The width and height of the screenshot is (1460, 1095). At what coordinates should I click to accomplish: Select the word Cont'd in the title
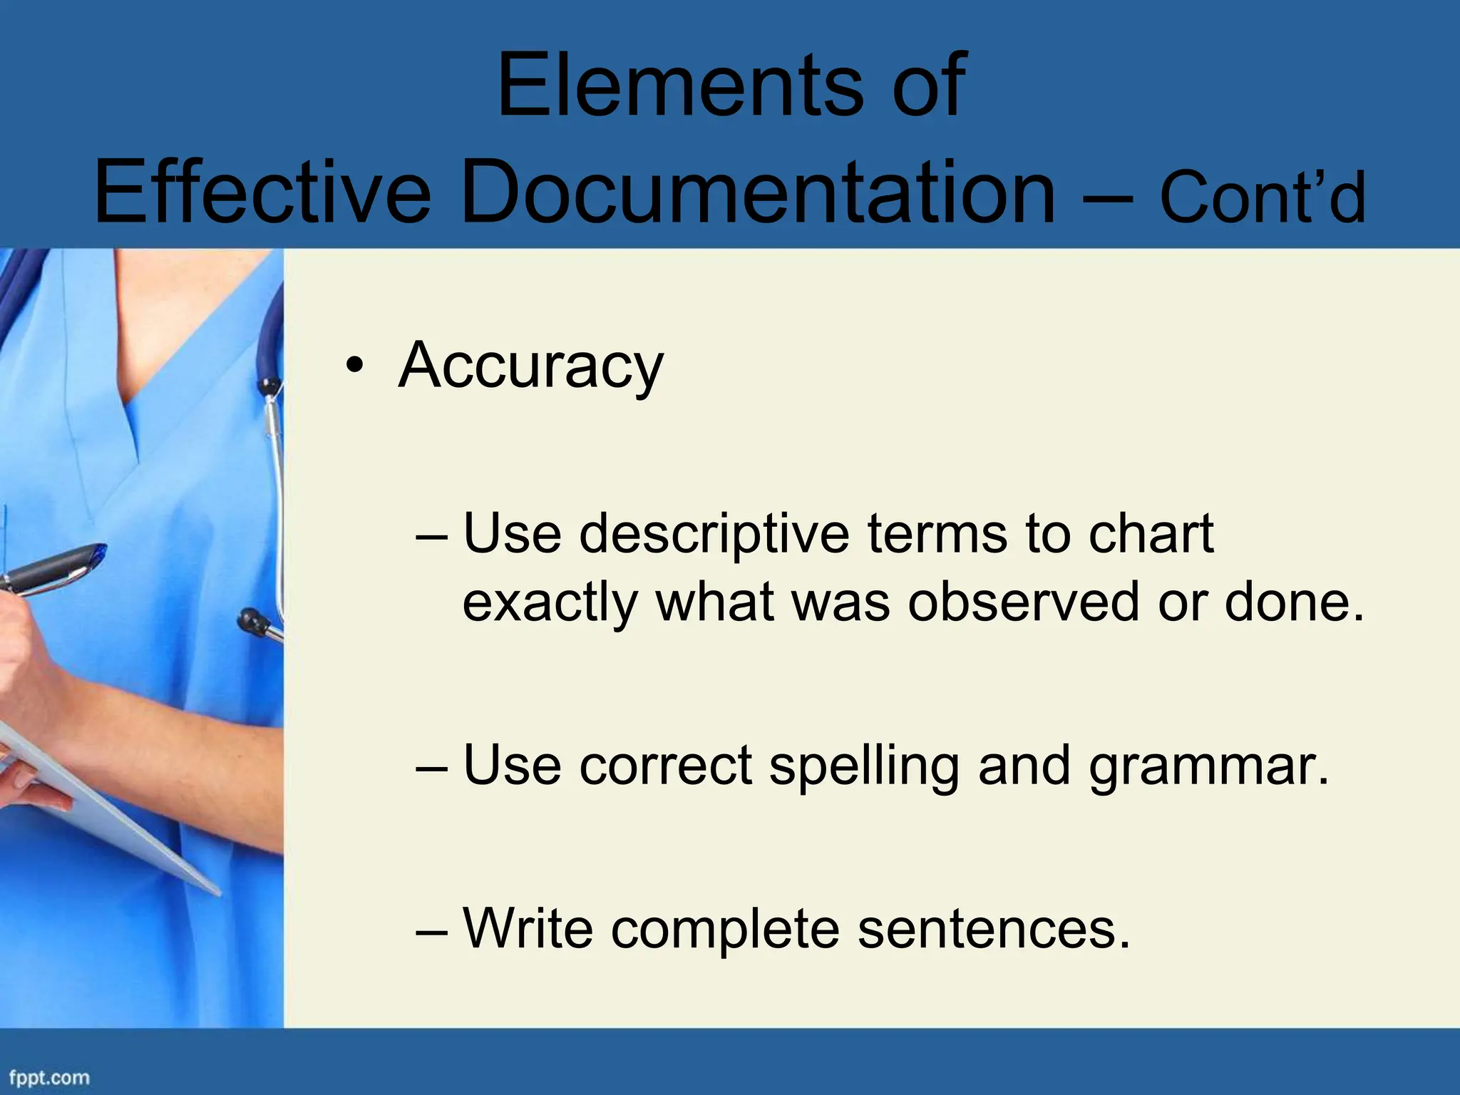(1263, 197)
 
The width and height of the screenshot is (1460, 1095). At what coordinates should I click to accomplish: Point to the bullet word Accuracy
(530, 366)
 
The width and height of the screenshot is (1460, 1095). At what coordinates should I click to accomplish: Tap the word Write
(528, 927)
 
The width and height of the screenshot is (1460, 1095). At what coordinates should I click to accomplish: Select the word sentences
(994, 929)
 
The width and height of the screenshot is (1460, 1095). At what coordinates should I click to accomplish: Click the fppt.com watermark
(48, 1077)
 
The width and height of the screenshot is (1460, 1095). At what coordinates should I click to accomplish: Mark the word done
(1294, 602)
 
